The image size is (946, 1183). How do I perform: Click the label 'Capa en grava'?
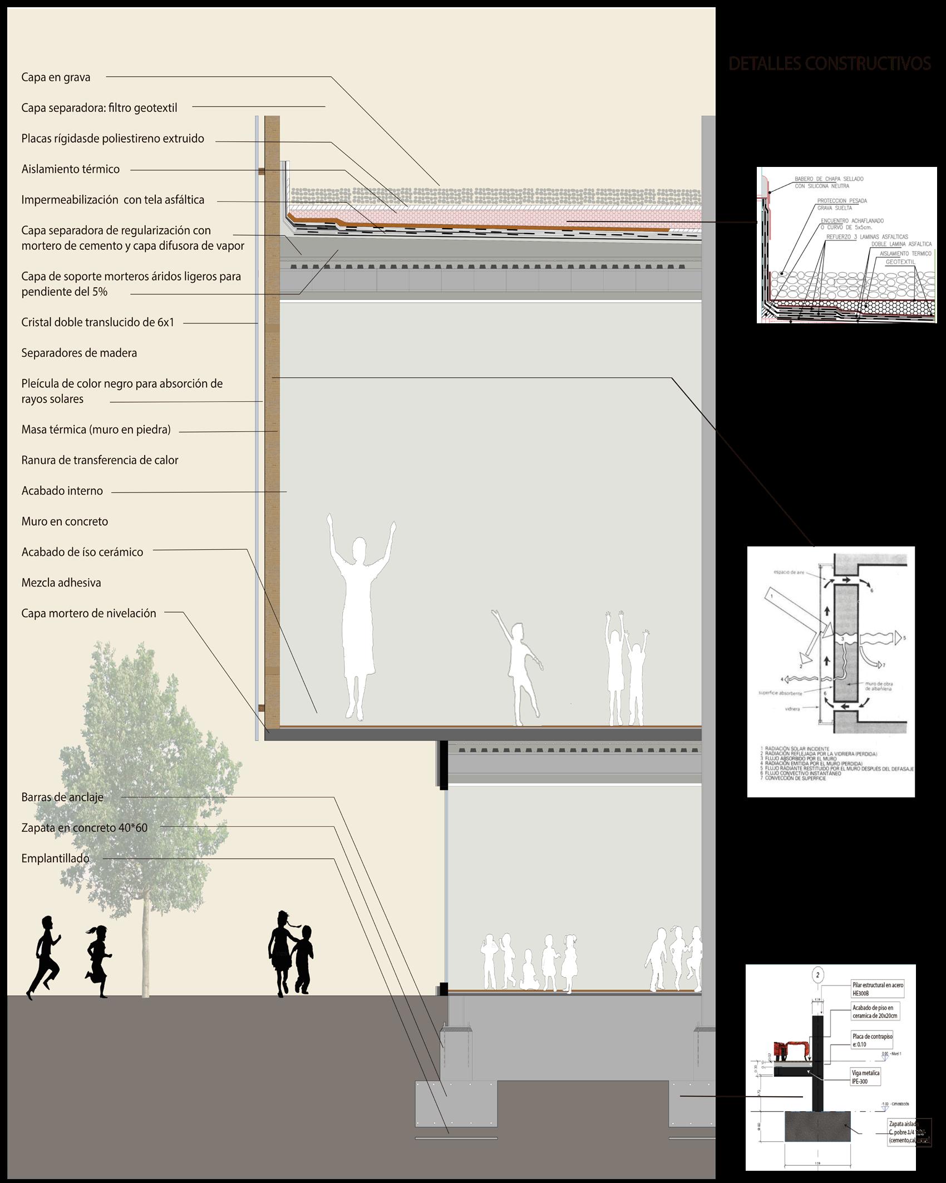point(56,77)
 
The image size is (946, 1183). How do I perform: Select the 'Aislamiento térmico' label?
point(70,169)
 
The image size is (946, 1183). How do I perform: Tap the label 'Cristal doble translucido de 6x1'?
point(97,322)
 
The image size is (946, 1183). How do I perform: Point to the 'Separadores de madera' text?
point(79,353)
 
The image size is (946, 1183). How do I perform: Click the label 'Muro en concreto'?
point(65,521)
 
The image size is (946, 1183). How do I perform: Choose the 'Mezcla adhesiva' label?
point(61,583)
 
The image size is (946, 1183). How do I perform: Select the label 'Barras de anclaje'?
point(62,797)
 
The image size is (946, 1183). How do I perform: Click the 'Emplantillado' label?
point(55,858)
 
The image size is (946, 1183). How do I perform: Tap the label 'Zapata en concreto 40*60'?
point(85,827)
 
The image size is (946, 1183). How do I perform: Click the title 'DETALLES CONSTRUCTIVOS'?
point(829,64)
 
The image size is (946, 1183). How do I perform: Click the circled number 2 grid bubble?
point(817,990)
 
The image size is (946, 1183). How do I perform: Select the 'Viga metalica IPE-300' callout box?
point(865,1077)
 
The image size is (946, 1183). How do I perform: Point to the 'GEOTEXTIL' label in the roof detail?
point(900,262)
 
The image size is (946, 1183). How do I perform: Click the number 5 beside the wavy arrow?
point(905,638)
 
